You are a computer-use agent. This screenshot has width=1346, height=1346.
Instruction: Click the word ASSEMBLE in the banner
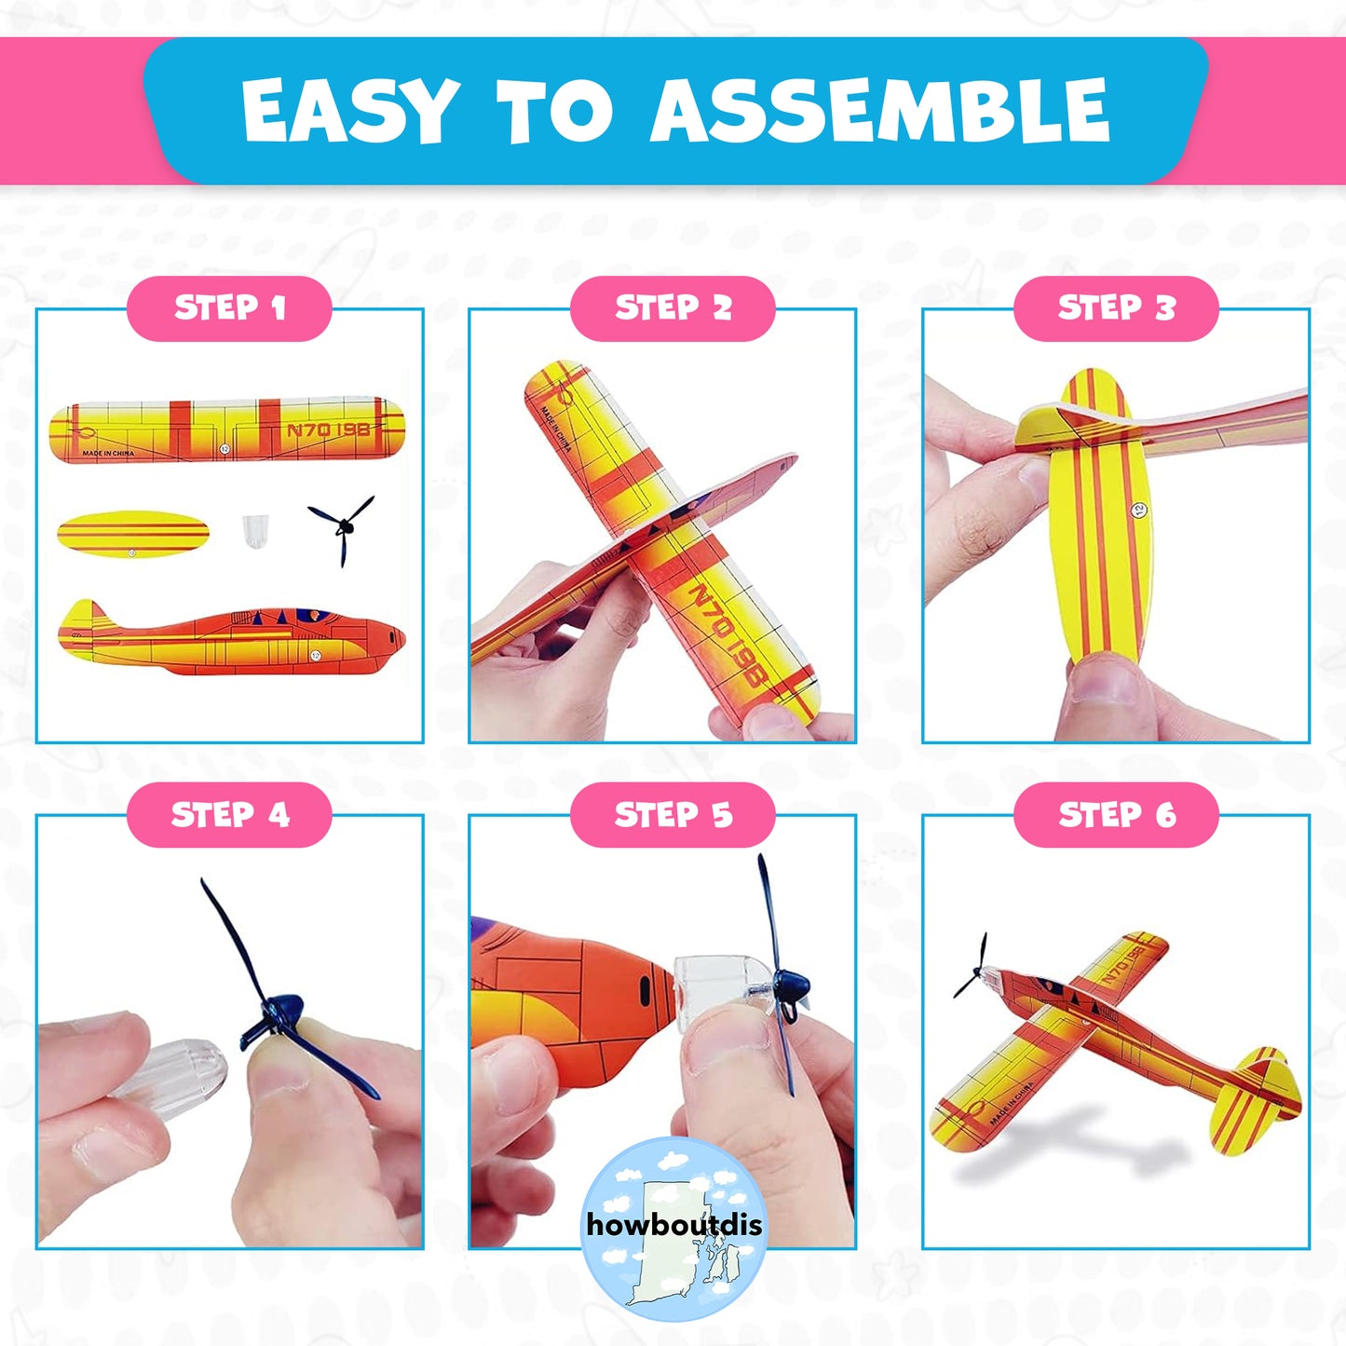879,111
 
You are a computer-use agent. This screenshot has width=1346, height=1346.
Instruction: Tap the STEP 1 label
229,308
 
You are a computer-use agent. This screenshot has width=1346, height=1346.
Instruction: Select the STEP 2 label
673,308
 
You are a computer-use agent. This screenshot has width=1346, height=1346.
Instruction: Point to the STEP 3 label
1116,308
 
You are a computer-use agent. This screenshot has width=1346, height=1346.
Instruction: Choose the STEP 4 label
229,815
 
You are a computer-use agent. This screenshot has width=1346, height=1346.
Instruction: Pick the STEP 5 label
673,815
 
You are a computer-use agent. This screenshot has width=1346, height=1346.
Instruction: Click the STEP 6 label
1116,815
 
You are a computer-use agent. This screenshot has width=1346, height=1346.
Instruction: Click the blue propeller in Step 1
343,528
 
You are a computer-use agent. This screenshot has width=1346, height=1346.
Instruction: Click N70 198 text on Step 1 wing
328,429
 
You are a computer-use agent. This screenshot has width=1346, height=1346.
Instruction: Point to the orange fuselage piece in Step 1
233,638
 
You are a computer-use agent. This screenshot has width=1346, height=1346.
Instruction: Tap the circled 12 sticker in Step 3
1137,510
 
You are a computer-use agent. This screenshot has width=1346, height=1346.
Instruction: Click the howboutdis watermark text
673,1224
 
